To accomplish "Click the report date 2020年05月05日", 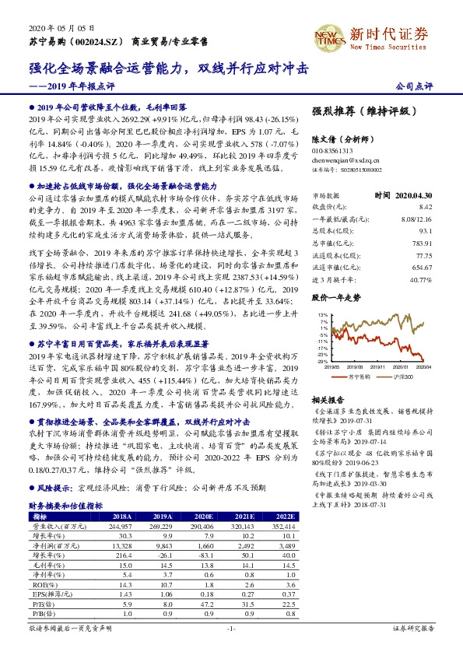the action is [51, 26].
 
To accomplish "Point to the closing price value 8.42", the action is [425, 207].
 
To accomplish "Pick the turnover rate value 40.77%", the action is [420, 280].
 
